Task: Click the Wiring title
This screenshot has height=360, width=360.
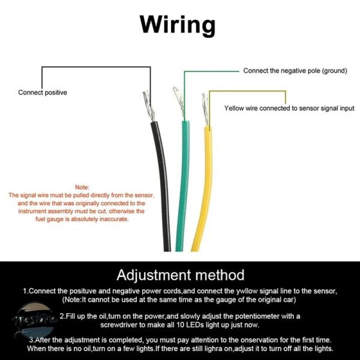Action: tap(178, 25)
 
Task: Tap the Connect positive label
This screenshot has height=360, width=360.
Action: tap(43, 92)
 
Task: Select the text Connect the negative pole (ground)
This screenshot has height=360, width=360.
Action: tap(295, 71)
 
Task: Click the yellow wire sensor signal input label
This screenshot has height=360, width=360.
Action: tap(289, 108)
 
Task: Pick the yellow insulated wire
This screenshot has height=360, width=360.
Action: tap(204, 188)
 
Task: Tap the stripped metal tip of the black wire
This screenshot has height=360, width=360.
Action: tap(149, 106)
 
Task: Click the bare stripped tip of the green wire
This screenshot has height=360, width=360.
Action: tap(179, 103)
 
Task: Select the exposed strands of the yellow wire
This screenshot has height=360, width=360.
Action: tap(205, 110)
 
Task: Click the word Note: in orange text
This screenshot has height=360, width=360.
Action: tap(82, 187)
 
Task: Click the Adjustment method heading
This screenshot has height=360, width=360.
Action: tap(180, 275)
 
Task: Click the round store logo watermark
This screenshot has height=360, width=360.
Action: tap(34, 320)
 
